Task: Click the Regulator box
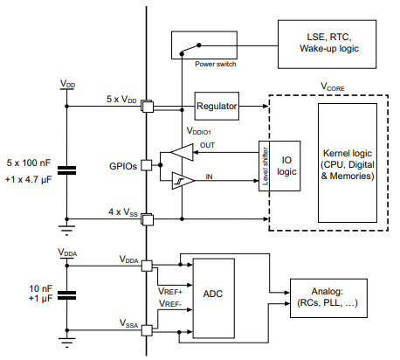point(217,106)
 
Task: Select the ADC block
point(212,295)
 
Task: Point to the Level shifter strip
point(260,164)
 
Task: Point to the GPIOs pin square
point(148,164)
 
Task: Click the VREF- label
point(171,304)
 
